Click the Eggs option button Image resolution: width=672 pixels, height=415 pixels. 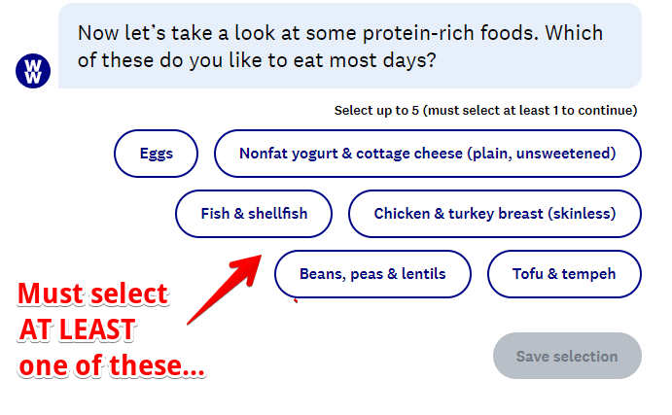tap(156, 154)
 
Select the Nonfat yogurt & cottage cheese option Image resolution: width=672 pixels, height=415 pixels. tap(428, 154)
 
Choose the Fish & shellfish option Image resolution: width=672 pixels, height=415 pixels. tap(254, 214)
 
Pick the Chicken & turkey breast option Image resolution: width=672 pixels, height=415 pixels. tap(495, 214)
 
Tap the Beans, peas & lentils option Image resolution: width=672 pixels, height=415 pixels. tap(372, 274)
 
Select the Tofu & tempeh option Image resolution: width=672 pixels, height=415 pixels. tap(564, 274)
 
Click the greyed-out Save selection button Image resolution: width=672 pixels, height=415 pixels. tap(567, 356)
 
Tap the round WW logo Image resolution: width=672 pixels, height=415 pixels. tap(33, 71)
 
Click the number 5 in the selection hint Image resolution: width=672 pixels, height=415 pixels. tap(415, 111)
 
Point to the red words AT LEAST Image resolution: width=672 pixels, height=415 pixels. tap(78, 329)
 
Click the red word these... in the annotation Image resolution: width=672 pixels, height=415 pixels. tap(157, 365)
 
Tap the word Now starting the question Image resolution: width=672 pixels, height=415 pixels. tap(98, 33)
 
